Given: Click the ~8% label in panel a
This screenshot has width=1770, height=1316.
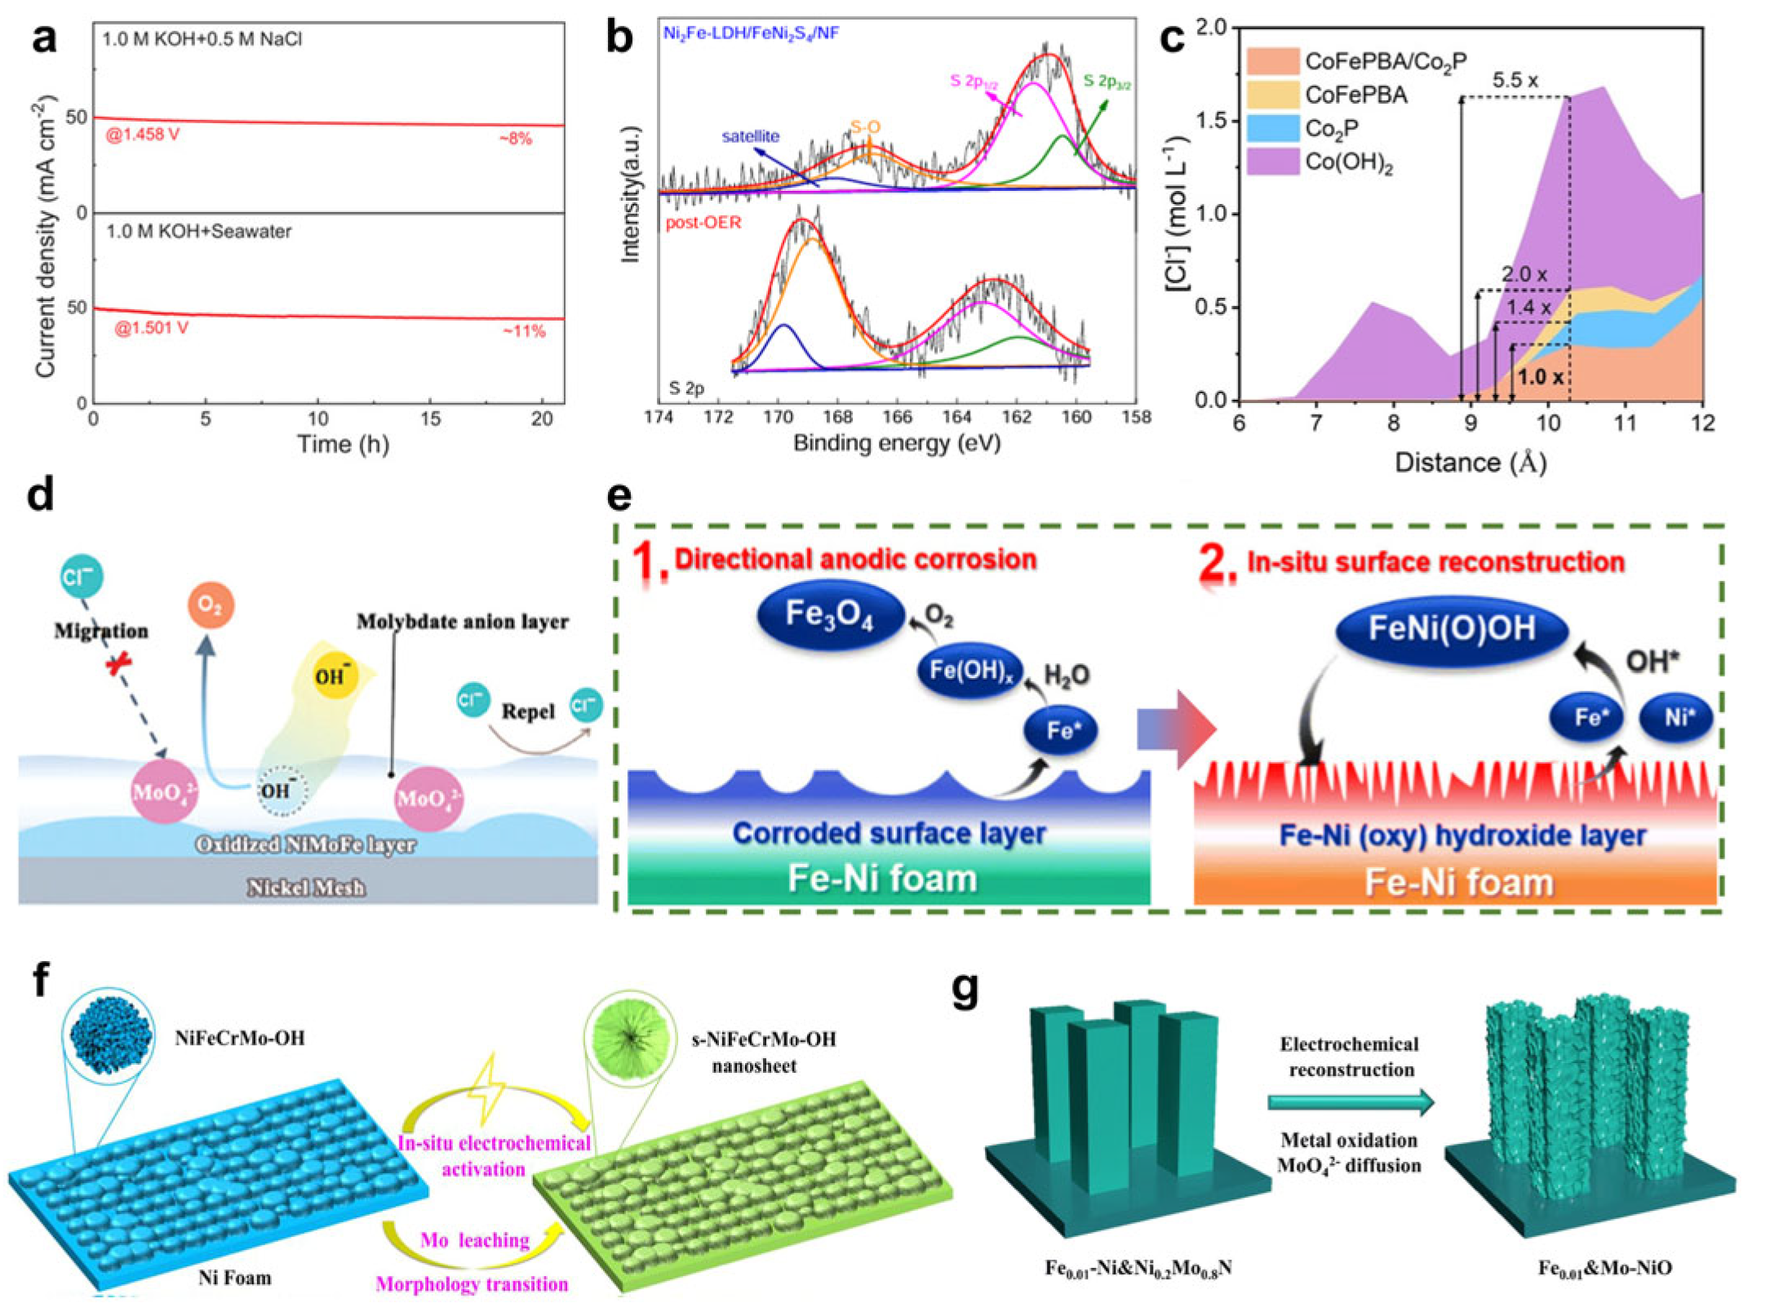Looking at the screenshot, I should (x=515, y=139).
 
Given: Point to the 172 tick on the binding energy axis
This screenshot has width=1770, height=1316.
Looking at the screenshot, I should (x=718, y=418).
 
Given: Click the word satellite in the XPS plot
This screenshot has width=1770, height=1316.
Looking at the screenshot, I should (x=750, y=136).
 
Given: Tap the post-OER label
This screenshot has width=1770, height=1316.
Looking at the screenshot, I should (x=703, y=223).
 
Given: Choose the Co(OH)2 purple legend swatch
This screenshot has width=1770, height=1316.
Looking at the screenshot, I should (x=1272, y=161).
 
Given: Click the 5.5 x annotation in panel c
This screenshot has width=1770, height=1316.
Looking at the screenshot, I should (x=1515, y=81).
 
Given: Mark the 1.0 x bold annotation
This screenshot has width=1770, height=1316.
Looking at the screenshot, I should (x=1540, y=377).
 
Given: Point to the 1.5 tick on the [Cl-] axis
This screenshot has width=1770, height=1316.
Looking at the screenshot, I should (x=1212, y=121).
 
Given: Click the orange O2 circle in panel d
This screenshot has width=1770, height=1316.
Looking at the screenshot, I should (x=211, y=605).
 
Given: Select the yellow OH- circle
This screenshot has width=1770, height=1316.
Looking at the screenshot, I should (x=335, y=676).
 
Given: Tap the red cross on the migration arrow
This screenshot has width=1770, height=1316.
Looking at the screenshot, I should (x=119, y=666).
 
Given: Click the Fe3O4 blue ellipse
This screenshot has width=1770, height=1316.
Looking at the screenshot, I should (x=831, y=614).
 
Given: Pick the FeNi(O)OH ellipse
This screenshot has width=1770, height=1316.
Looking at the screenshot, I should (x=1451, y=629).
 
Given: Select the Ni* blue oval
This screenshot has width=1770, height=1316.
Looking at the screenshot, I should (x=1675, y=718).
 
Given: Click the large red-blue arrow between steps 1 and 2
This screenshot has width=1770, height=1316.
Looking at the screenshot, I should (x=1176, y=729).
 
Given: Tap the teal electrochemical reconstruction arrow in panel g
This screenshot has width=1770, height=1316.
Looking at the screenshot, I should (x=1351, y=1102).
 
